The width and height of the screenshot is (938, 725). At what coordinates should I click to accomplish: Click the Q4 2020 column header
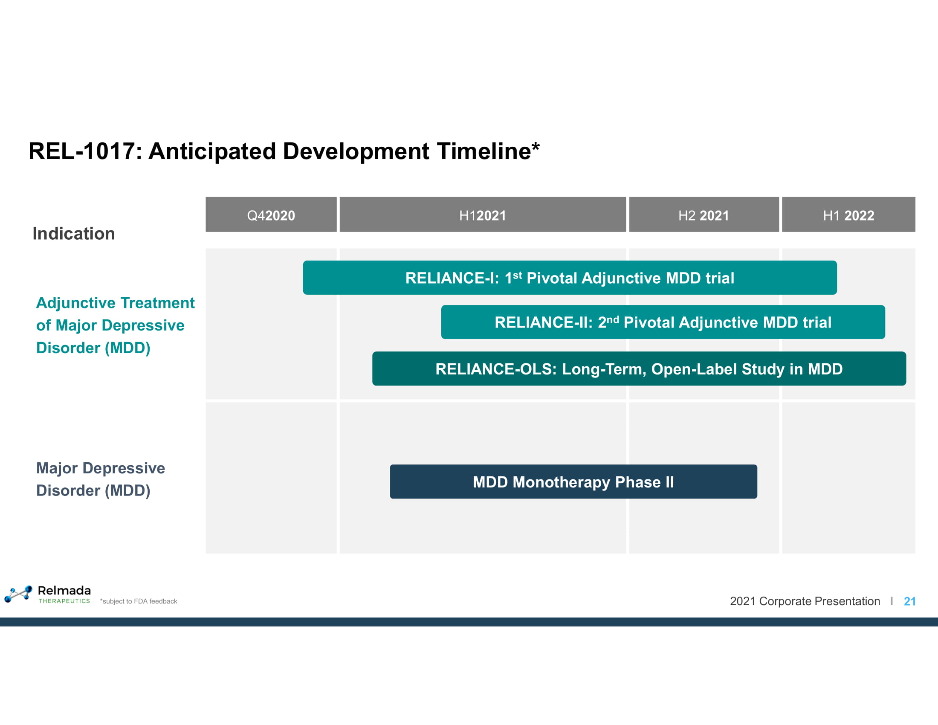coord(271,215)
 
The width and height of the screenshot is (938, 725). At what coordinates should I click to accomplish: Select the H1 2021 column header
coord(483,215)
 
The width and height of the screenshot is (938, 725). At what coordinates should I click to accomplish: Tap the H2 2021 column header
coord(704,215)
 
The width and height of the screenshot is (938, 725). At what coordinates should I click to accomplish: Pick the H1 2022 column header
coord(848,215)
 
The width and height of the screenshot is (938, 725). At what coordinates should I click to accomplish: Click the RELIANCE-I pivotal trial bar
coord(570,278)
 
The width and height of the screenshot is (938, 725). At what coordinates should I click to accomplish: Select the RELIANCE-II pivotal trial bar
coord(663,322)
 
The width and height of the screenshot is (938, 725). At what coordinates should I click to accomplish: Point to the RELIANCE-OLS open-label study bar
coord(639,368)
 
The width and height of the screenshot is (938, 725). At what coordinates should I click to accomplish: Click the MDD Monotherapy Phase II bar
coord(573,481)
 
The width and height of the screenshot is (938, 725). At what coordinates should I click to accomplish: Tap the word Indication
coord(74,234)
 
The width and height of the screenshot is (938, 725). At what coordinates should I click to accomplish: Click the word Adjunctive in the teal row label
coord(68,303)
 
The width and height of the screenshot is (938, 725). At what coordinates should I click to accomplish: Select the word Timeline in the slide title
coord(484,151)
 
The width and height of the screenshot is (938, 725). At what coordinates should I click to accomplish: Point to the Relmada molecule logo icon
coord(18,594)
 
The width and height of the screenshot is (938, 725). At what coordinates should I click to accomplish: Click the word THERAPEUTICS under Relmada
coord(64,601)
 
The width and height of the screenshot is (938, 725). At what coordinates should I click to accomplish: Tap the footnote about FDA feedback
coord(139,601)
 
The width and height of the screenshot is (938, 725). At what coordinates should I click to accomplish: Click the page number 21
coord(910,601)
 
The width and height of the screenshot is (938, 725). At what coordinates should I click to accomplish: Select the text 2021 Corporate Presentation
coord(805,601)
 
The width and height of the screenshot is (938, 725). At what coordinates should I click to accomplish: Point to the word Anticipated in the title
coord(212,151)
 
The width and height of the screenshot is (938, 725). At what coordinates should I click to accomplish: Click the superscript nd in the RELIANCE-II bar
coord(613,319)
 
